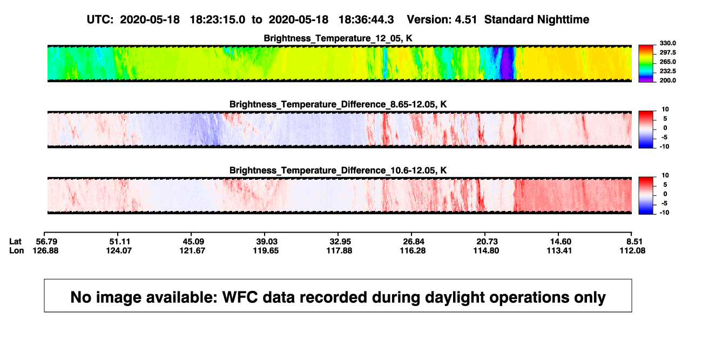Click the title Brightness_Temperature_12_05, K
pyautogui.click(x=338, y=38)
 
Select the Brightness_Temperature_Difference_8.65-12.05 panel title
pyautogui.click(x=338, y=104)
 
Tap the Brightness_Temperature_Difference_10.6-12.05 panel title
pyautogui.click(x=338, y=171)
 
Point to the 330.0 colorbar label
pyautogui.click(x=667, y=43)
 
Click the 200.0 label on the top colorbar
pyautogui.click(x=667, y=80)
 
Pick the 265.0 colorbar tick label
pyautogui.click(x=667, y=62)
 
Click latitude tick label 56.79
pyautogui.click(x=46, y=242)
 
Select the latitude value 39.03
pyautogui.click(x=267, y=242)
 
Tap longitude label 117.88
pyautogui.click(x=339, y=250)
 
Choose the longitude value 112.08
pyautogui.click(x=632, y=250)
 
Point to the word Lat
pyautogui.click(x=15, y=242)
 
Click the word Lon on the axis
pyautogui.click(x=16, y=250)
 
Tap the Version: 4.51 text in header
pyautogui.click(x=442, y=19)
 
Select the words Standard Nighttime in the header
pyautogui.click(x=537, y=19)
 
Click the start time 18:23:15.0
pyautogui.click(x=218, y=19)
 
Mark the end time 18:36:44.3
pyautogui.click(x=366, y=19)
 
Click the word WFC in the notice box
pyautogui.click(x=240, y=297)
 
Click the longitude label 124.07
pyautogui.click(x=119, y=250)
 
